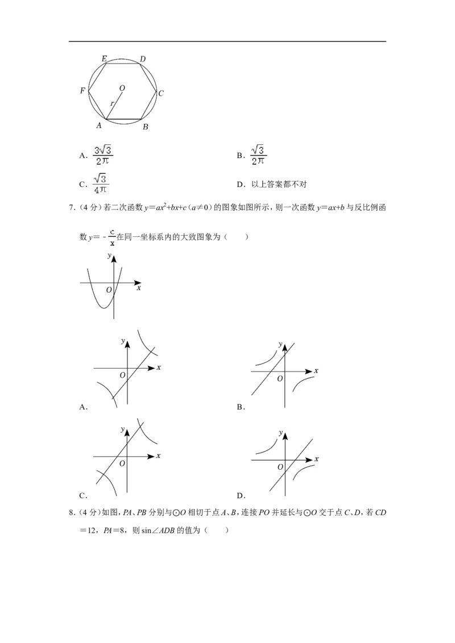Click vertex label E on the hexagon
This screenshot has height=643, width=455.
pos(104,59)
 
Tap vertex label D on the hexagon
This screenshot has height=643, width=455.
pos(143,59)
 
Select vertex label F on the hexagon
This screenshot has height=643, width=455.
pos(82,91)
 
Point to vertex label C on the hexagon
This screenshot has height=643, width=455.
pos(161,94)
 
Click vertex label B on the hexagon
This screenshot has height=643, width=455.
pos(146,127)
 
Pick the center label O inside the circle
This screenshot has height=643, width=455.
pos(122,88)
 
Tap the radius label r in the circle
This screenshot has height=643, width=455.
pos(112,104)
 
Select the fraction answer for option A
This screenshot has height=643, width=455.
pos(103,156)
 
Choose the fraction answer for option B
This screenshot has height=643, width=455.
pos(258,155)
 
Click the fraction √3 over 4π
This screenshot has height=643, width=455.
pos(101,184)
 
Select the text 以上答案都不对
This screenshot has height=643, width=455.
pos(279,185)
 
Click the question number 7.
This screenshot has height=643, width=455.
pos(72,207)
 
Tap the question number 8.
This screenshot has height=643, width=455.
pos(72,512)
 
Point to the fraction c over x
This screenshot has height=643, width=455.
pos(112,237)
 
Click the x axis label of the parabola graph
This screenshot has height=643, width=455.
pos(139,288)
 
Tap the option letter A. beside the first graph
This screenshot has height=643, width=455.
pos(84,407)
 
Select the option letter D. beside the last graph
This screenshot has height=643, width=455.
pos(241,495)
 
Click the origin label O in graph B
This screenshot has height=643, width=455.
pos(280,378)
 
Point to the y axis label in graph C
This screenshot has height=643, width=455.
pos(122,429)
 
